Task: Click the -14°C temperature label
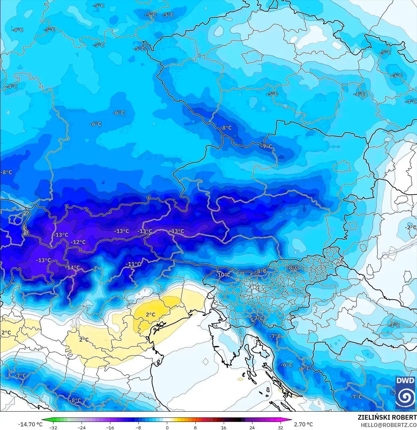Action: pos(73,268)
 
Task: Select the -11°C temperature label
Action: pos(133,264)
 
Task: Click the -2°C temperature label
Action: pos(411,228)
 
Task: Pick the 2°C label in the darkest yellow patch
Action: pos(150,314)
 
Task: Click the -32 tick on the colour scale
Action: pos(53,427)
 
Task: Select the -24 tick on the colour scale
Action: pos(82,427)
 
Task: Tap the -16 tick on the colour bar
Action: pos(110,427)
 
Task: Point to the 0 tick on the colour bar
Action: pos(167,427)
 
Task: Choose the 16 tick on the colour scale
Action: pos(223,427)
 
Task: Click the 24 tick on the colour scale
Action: pos(252,427)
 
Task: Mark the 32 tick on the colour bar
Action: pos(280,427)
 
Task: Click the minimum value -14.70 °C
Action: pos(30,424)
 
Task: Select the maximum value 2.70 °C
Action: pos(303,424)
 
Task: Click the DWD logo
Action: pos(405,393)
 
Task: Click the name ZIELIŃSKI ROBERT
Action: pos(387,417)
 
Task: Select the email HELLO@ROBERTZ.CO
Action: pos(389,425)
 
